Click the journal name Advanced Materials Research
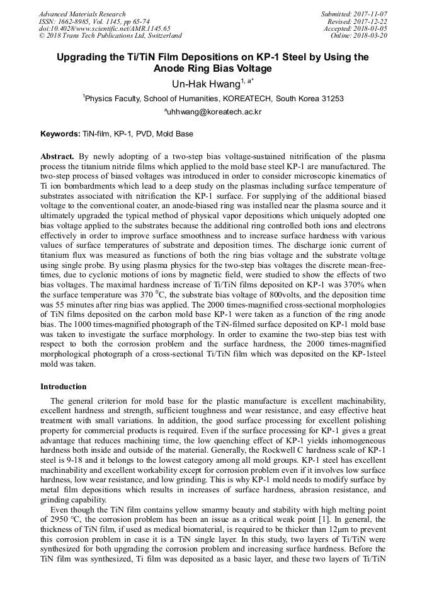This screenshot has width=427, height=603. pos(82,14)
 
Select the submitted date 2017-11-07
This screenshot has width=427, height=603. pos(371,14)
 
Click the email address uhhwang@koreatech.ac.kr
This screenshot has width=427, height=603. pos(214,112)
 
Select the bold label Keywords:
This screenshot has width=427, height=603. pos(60,134)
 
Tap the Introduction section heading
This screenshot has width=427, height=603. pos(64,387)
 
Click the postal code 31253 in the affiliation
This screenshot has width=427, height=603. pos(329,98)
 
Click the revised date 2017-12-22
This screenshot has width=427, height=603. pos(371,21)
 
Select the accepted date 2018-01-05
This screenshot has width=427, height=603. pos(371,28)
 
